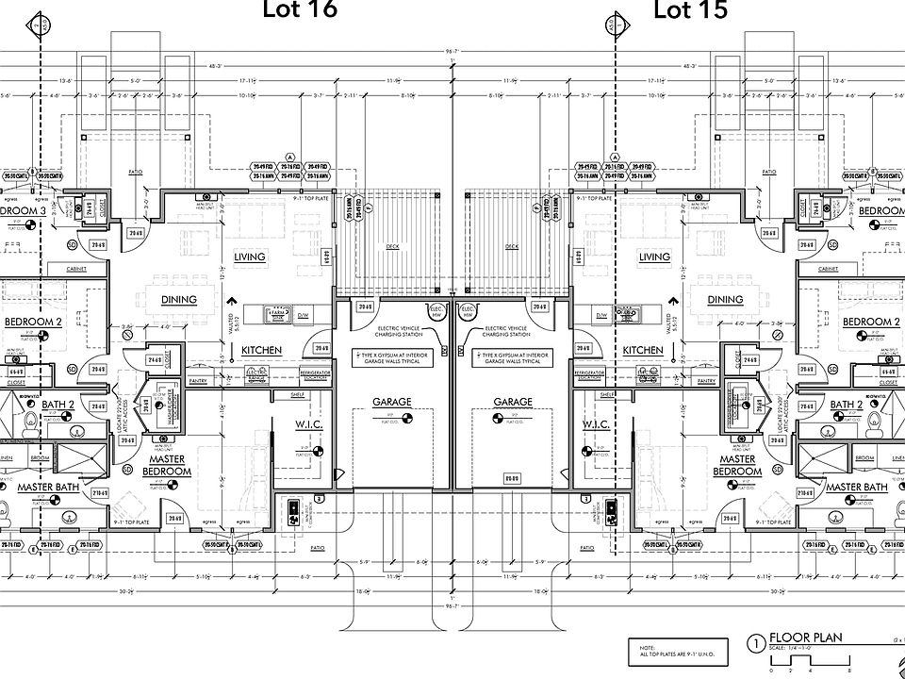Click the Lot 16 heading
[298, 10]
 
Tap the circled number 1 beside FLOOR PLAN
[756, 644]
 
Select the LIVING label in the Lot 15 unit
[654, 257]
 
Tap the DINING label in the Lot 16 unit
[178, 300]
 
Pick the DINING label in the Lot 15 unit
[725, 300]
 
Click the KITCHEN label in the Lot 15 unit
[644, 350]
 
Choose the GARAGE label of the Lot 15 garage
[513, 402]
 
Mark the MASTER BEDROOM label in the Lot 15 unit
[736, 465]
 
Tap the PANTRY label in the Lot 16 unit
[197, 381]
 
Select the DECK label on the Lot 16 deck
[392, 247]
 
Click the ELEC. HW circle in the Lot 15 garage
[466, 309]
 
